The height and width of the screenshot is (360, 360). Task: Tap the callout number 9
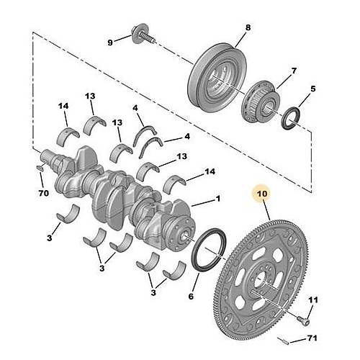[x=111, y=42]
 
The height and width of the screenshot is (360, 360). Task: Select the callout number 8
[x=248, y=28]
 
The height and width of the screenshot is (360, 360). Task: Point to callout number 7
[x=294, y=71]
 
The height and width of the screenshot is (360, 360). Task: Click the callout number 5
[x=312, y=90]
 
